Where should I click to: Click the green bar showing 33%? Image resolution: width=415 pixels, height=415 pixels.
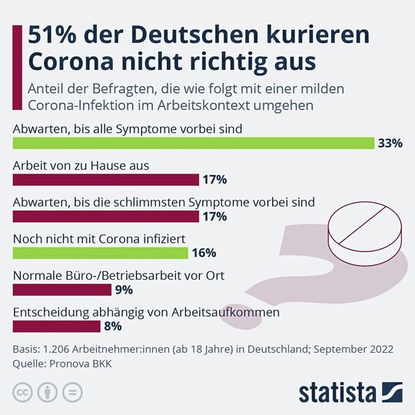point(193,143)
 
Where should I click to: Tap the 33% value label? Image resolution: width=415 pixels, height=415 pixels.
point(390,143)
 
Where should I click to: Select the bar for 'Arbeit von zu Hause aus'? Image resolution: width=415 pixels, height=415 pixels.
point(106,180)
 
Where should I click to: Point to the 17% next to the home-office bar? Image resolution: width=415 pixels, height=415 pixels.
point(214,180)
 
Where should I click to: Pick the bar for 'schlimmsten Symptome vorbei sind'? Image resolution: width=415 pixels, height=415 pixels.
point(106,217)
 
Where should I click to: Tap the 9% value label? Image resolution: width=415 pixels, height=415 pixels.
point(124,290)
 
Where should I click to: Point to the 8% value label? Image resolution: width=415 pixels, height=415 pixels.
point(112,327)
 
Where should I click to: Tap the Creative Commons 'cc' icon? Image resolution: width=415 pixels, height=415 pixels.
point(23,391)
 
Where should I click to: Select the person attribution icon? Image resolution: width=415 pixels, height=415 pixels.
point(48,391)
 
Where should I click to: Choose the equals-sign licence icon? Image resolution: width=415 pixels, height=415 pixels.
point(72,391)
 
